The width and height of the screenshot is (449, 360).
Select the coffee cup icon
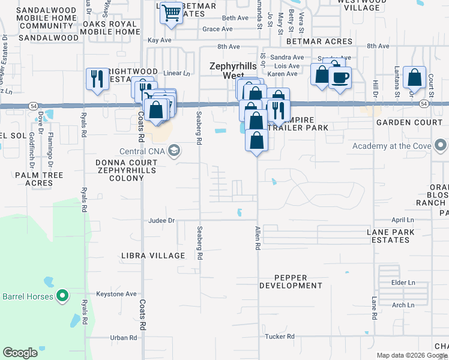tap(340, 78)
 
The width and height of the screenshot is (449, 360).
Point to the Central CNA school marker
tap(175, 150)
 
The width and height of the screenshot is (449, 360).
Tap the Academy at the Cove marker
tap(441, 145)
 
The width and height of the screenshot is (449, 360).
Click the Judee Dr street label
tap(161, 220)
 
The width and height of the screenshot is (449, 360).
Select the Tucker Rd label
tap(280, 337)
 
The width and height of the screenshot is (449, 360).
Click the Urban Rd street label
tap(124, 338)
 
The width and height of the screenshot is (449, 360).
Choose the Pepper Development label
tap(291, 281)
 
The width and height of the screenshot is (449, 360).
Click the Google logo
tap(20, 353)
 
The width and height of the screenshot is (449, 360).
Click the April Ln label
tap(403, 220)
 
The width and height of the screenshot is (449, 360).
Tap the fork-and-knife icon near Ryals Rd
tap(96, 79)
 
